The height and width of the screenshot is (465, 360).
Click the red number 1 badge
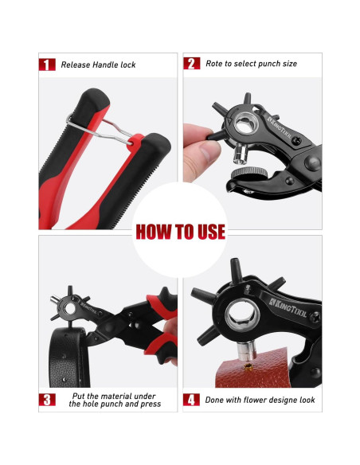tap(47, 64)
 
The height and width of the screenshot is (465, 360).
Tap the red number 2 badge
tap(192, 64)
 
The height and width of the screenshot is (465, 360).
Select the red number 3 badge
tap(47, 400)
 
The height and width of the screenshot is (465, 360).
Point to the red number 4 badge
tap(191, 400)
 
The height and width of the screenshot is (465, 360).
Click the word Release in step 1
tap(76, 64)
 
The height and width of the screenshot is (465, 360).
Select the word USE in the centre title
tap(211, 232)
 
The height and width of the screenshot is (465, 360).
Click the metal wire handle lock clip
tap(100, 130)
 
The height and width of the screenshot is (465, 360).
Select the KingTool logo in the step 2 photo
tap(279, 127)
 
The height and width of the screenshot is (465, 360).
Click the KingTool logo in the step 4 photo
tap(288, 307)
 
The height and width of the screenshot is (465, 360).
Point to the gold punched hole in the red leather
tap(248, 367)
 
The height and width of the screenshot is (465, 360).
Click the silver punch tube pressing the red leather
tap(246, 351)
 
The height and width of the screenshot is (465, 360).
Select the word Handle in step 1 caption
tap(106, 64)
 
